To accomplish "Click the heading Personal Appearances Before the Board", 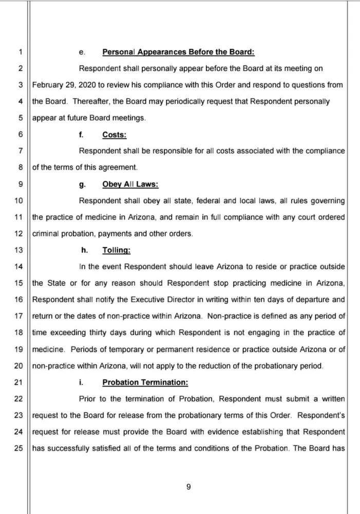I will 178,52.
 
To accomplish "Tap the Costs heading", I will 115,135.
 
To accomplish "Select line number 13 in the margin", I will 19,250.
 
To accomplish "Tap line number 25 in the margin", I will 19,448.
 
